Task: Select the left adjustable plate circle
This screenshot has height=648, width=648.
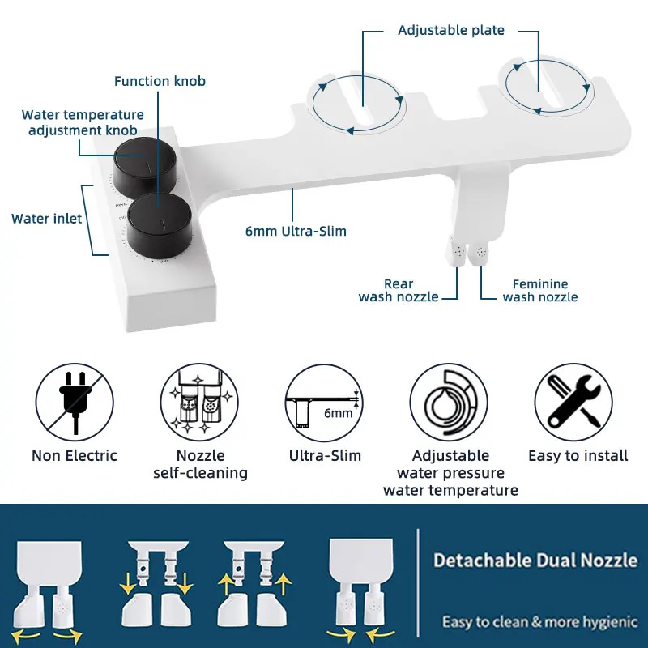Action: point(357,104)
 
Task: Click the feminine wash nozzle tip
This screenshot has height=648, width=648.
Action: point(481,251)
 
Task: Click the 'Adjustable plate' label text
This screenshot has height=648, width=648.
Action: point(450,31)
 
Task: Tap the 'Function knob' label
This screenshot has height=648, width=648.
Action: point(160,81)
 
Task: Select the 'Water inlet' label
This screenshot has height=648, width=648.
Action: point(46,219)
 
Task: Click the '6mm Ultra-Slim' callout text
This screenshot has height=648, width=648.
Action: point(296,232)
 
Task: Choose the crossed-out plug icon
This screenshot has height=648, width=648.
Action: point(74,401)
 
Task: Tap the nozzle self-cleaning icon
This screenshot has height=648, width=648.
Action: point(199,401)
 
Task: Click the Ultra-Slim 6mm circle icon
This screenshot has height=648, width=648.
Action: point(325,401)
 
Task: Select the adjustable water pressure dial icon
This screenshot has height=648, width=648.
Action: point(450,401)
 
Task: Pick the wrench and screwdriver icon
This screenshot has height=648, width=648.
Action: point(574,401)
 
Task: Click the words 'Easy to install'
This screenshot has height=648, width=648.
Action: point(578,456)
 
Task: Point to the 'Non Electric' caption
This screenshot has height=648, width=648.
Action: point(75,456)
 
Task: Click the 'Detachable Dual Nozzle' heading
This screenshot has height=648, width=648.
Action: point(535,561)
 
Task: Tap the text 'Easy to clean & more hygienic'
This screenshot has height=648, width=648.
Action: point(539,622)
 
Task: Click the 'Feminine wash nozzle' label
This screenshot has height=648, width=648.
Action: point(540,291)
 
